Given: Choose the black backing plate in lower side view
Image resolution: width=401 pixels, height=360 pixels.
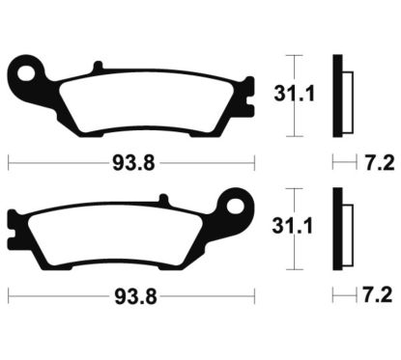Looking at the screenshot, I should coord(337,224).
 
